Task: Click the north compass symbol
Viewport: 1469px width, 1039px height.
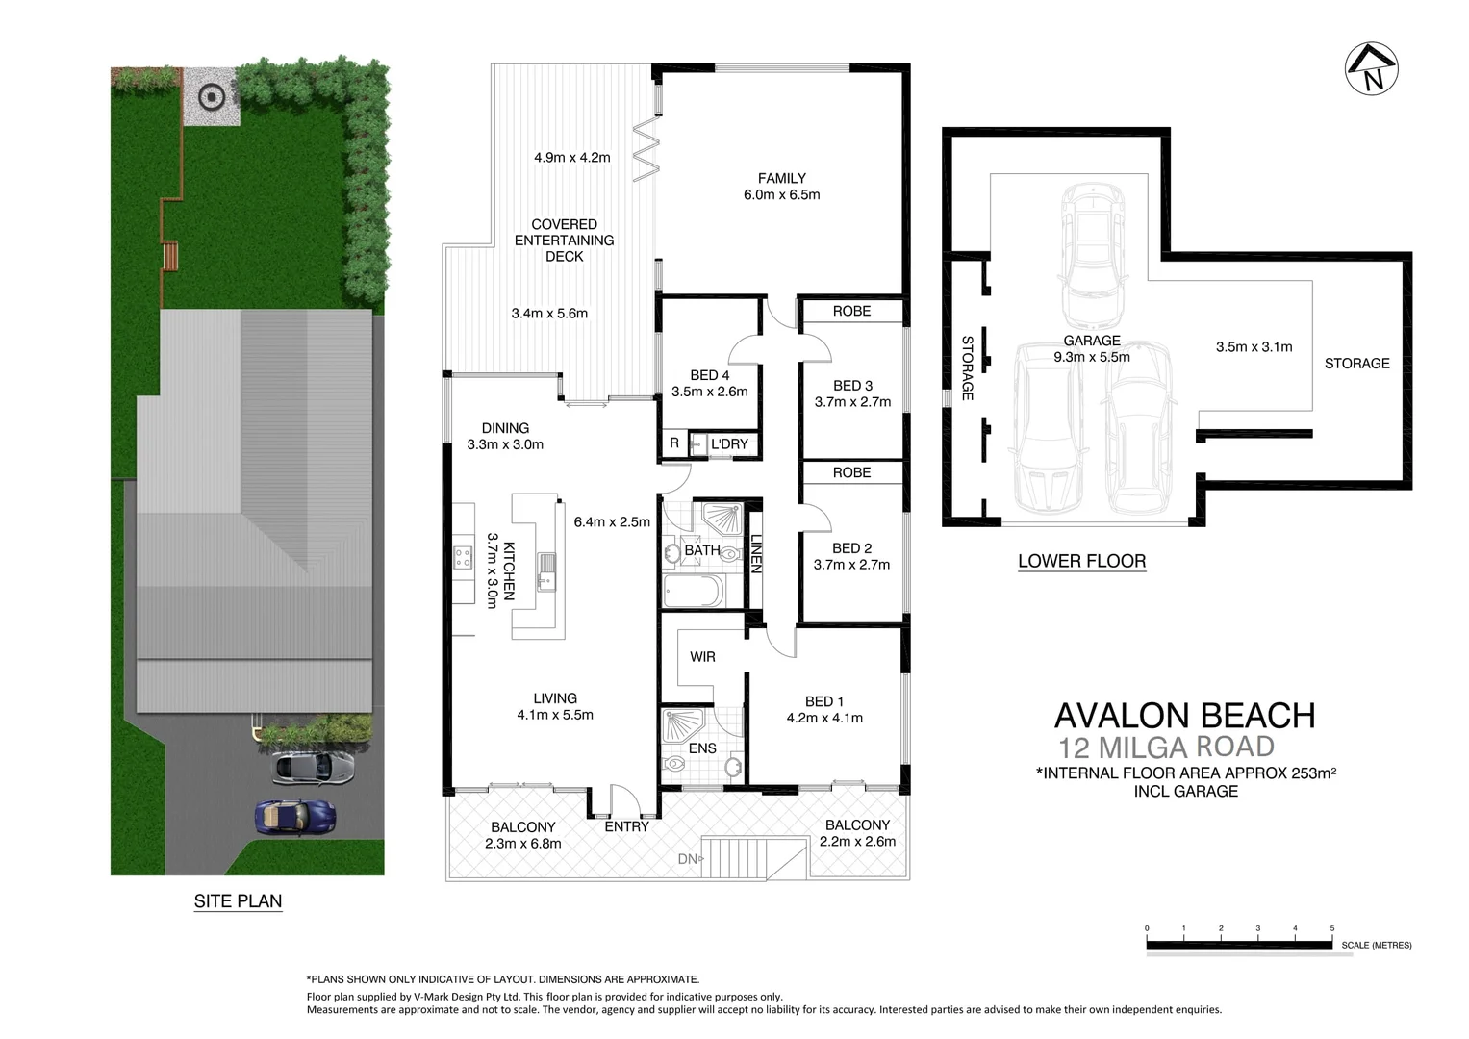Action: (1371, 69)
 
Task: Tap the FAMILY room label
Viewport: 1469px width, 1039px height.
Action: (781, 178)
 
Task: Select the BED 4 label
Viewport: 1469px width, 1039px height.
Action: (709, 375)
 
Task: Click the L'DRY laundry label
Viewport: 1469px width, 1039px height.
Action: (729, 443)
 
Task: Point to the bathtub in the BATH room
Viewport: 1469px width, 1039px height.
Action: (692, 591)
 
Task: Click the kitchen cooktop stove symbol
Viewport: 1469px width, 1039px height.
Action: (463, 556)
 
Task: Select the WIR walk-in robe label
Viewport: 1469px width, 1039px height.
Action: (702, 656)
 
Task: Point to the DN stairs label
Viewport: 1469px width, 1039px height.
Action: (686, 859)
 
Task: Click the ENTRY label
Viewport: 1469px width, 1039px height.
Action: (626, 826)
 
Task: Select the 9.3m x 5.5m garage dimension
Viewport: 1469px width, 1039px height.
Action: (1091, 357)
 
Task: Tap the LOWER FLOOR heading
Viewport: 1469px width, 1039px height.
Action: (1081, 561)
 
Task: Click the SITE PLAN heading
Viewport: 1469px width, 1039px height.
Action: (238, 901)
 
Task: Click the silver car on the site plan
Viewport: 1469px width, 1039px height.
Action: (314, 767)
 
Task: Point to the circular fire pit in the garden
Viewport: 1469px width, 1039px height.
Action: (211, 96)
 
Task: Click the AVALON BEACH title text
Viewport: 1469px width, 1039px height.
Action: (1184, 716)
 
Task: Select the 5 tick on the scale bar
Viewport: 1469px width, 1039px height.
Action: (1332, 928)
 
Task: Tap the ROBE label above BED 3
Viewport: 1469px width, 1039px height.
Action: (851, 311)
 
